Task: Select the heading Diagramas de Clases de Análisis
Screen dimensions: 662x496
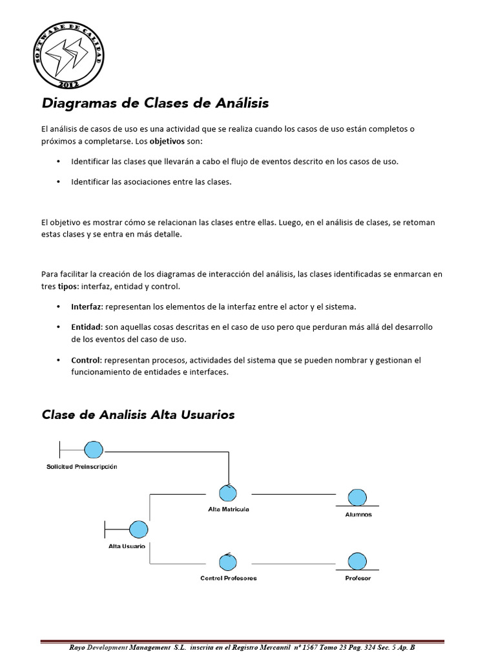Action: click(155, 103)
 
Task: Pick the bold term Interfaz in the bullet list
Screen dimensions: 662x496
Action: click(87, 306)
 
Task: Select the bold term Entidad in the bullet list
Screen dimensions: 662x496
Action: click(86, 327)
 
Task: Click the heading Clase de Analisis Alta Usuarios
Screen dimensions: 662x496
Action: click(138, 415)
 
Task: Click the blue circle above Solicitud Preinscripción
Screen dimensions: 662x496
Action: click(94, 448)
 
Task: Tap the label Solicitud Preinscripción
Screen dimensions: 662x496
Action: click(82, 466)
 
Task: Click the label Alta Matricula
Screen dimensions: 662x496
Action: click(229, 509)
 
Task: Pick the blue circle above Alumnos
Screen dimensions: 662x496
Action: click(356, 497)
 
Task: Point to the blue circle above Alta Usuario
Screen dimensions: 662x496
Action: click(138, 529)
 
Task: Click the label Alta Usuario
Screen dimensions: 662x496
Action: click(127, 546)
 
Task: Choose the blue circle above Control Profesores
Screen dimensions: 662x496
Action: click(227, 561)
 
